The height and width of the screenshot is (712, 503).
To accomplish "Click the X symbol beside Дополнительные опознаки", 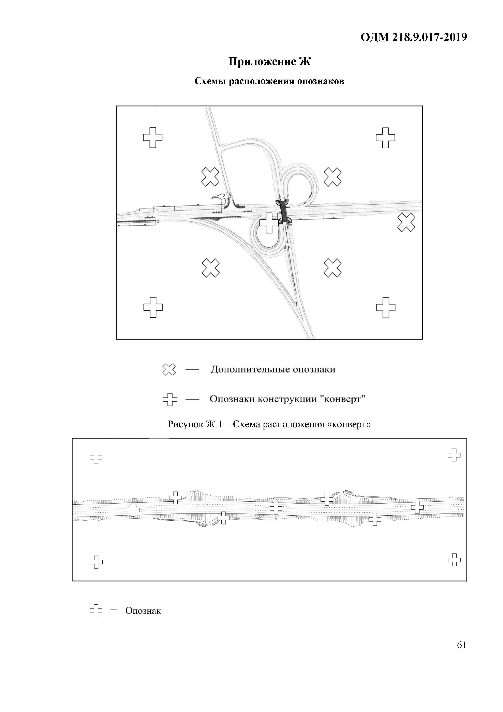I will tap(169, 370).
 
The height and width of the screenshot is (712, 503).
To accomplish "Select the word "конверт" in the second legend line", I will tap(344, 399).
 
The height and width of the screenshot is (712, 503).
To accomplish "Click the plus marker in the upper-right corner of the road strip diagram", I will tap(454, 455).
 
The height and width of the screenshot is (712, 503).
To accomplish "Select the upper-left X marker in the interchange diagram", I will tap(210, 177).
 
